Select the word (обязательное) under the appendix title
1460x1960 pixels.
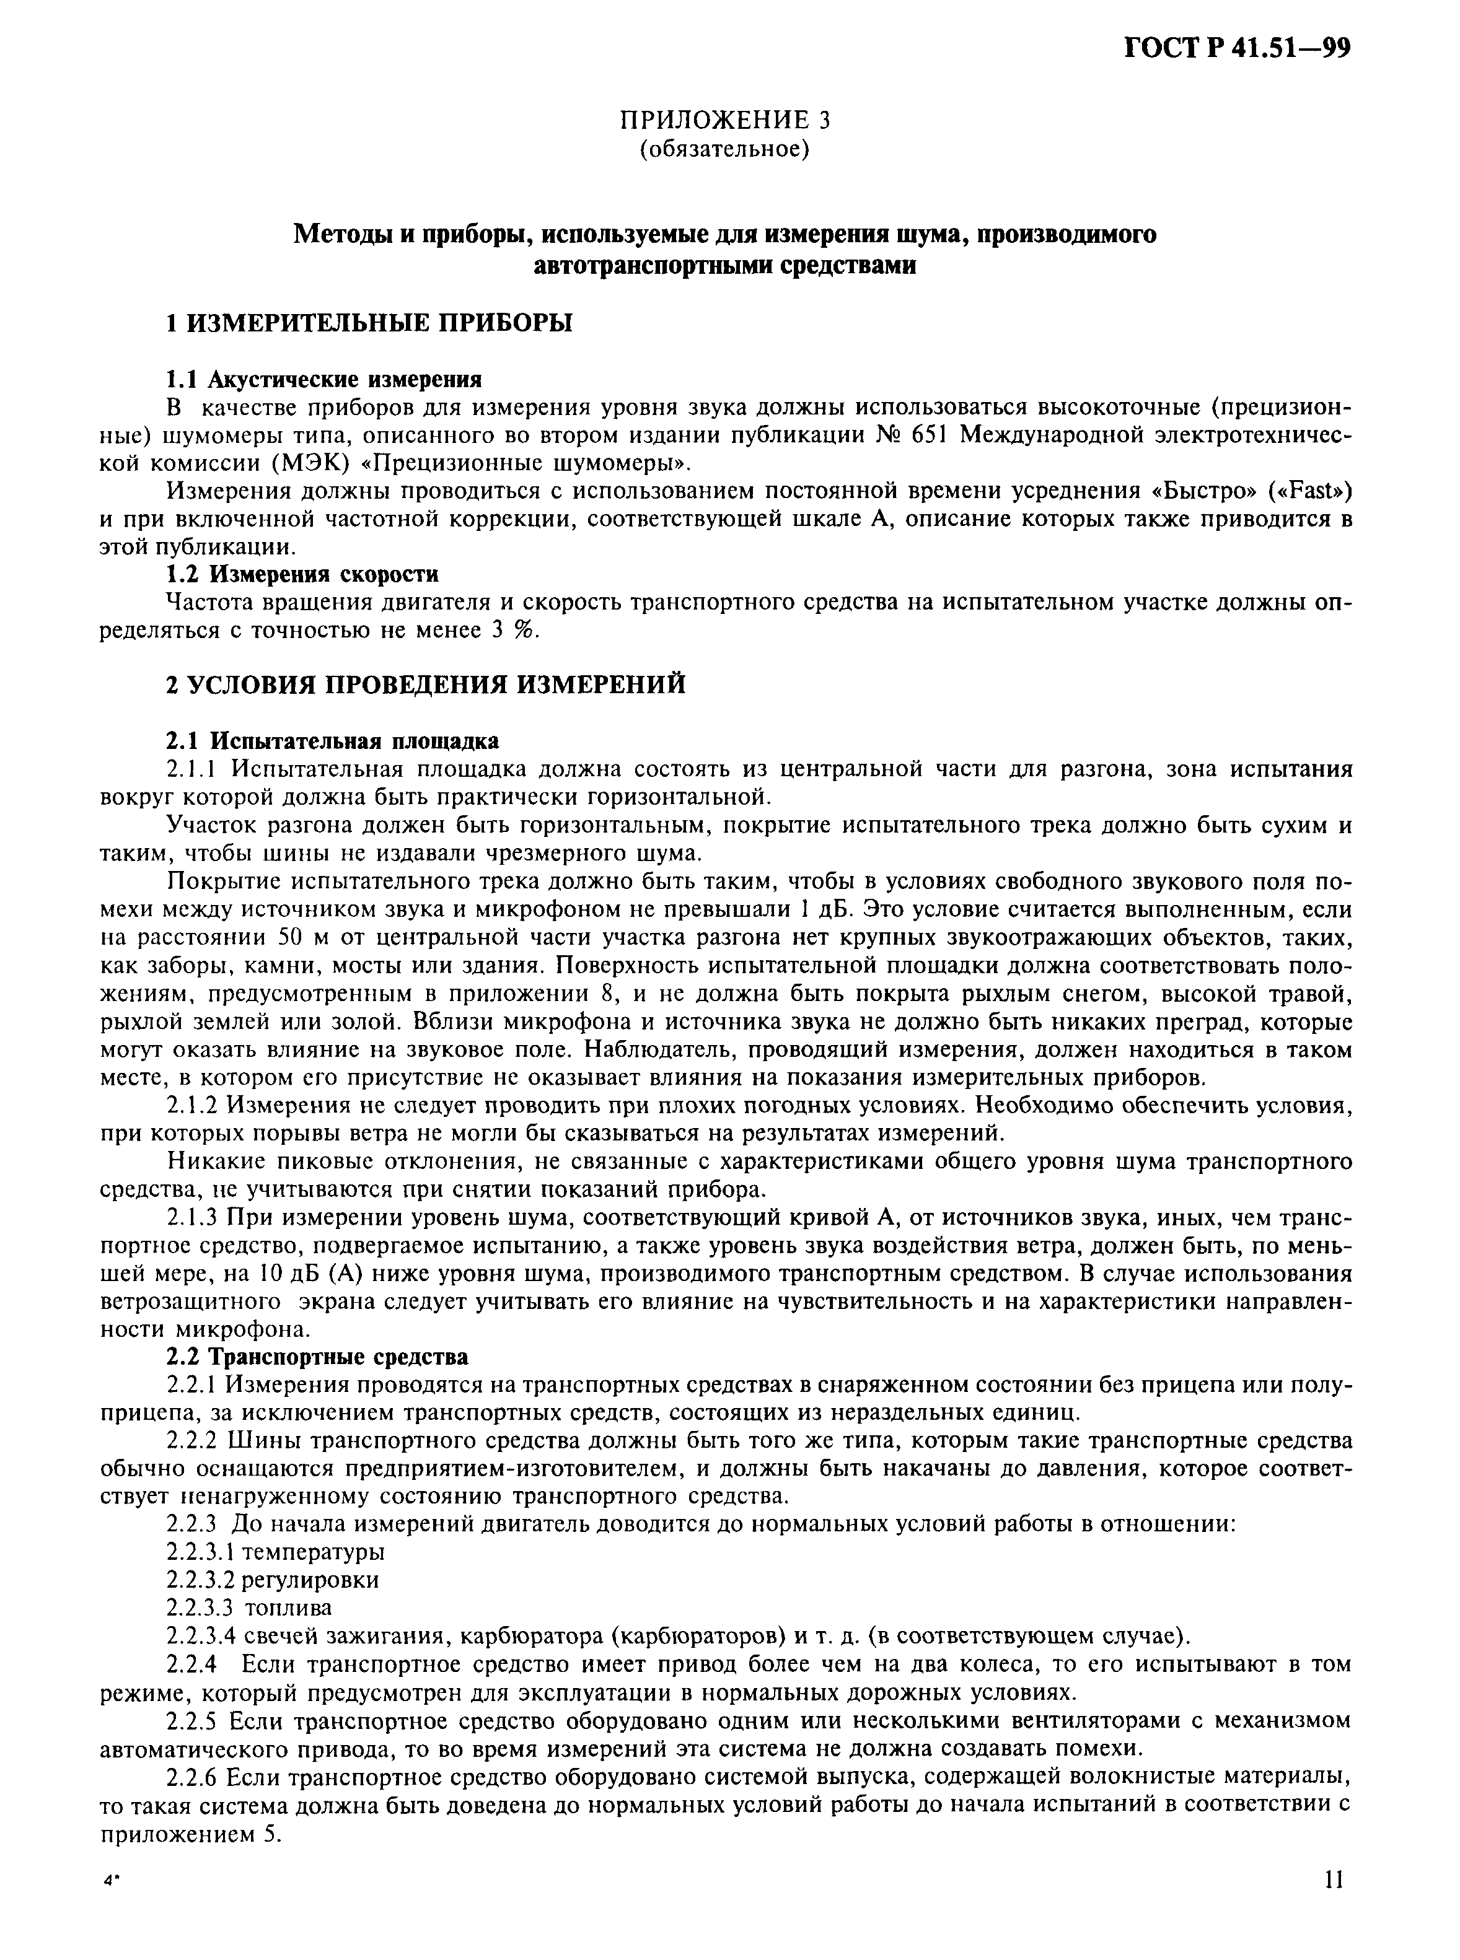(724, 149)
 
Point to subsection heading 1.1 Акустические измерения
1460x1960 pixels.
(324, 379)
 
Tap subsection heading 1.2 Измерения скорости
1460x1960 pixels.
(302, 574)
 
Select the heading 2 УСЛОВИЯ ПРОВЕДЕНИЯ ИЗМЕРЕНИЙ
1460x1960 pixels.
(426, 685)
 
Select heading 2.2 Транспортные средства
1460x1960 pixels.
(318, 1356)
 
